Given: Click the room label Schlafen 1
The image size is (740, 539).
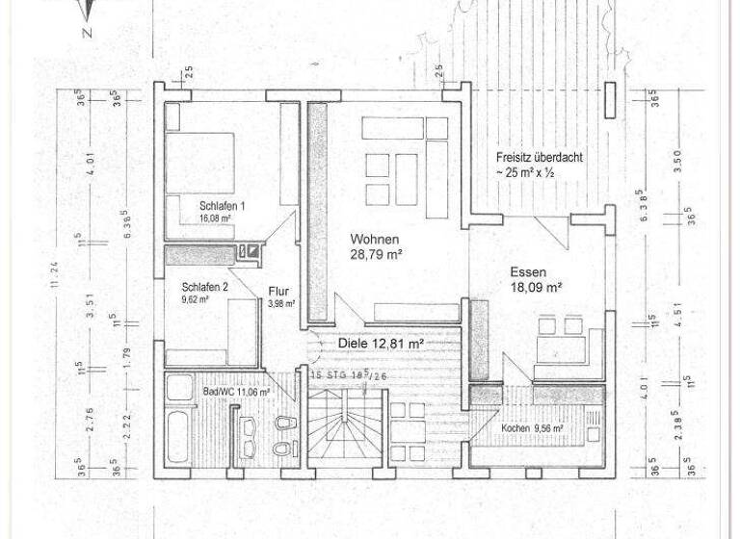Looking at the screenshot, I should point(223,206).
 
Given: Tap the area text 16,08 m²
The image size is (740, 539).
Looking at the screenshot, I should point(215,218).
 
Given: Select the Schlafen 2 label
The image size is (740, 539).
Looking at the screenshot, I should point(205,287).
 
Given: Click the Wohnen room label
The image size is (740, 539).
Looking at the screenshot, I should point(374,240).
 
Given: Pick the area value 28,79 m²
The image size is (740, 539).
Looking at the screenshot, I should point(376,255).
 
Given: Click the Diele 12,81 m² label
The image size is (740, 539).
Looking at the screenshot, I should point(382,343).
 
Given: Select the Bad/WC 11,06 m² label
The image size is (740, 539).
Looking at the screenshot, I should point(235,393).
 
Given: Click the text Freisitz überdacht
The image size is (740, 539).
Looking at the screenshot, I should point(539,157).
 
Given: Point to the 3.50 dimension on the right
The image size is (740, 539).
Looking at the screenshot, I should point(679,159).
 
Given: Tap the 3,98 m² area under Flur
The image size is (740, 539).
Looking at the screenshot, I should point(281,304).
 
